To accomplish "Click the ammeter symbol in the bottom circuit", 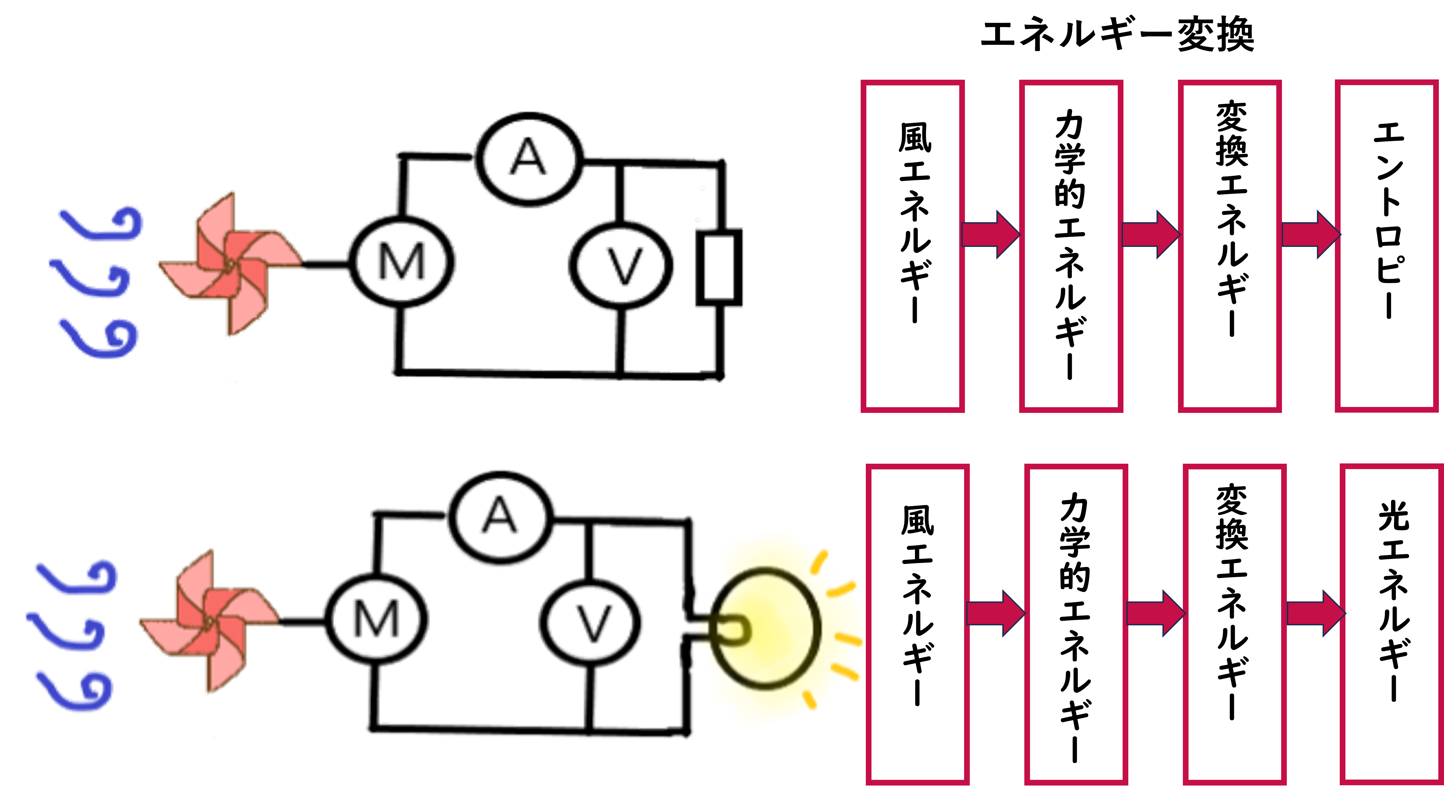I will point(502,516).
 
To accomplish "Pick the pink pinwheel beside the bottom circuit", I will point(208,621).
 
